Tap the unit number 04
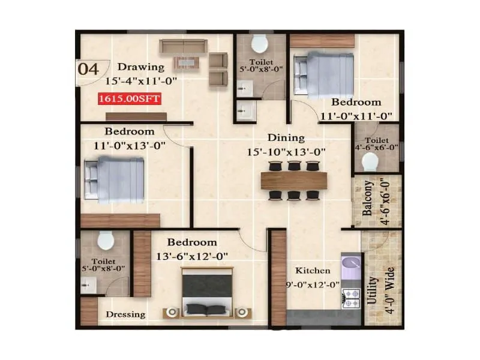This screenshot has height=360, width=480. tap(89, 68)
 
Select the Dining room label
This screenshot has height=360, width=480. tap(286, 138)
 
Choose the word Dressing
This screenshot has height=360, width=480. tap(125, 314)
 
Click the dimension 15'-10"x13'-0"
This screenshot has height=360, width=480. tap(286, 152)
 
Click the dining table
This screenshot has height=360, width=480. tap(294, 180)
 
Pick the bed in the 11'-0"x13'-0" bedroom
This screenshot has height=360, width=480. tap(116, 178)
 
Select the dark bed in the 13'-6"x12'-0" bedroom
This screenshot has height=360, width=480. tap(206, 292)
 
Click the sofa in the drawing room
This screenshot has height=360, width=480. tap(183, 46)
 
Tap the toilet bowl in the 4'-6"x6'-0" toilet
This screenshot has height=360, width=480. tap(370, 161)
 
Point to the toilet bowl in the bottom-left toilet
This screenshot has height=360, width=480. tap(106, 241)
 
